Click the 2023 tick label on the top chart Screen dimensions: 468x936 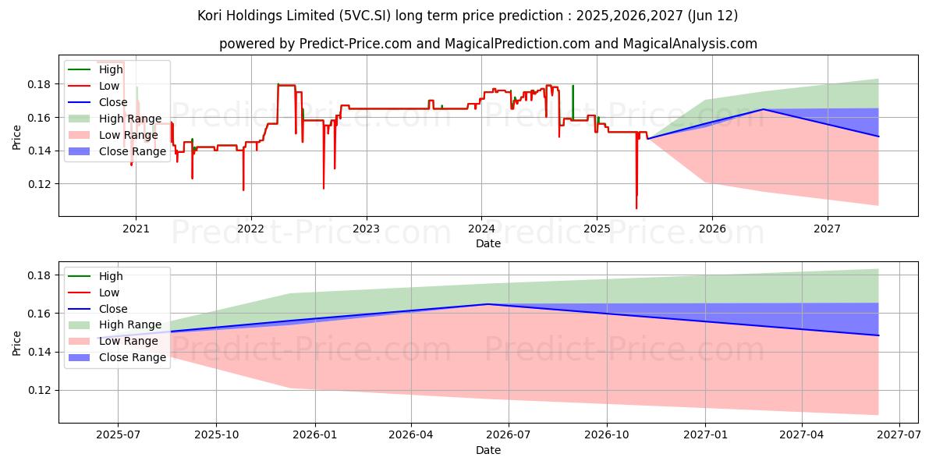(x=366, y=229)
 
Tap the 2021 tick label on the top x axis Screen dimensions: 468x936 (x=136, y=229)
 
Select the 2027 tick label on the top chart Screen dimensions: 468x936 (x=827, y=229)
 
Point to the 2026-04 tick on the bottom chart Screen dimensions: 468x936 (x=411, y=436)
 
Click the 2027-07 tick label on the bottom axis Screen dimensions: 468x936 (x=899, y=436)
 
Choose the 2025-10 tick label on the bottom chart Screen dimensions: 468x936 (x=216, y=436)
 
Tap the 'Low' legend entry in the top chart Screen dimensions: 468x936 (x=109, y=86)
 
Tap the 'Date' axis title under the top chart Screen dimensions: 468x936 (x=488, y=243)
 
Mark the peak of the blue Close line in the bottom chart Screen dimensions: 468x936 (x=488, y=304)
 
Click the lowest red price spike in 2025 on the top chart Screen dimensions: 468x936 (x=636, y=207)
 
